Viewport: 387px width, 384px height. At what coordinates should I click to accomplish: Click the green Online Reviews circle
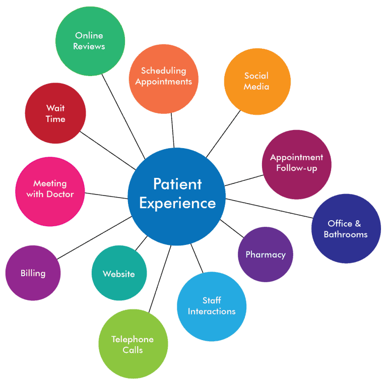[90, 41]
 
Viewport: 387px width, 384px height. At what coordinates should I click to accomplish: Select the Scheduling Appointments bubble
[164, 79]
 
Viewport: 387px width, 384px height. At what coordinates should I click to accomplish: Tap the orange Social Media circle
[257, 82]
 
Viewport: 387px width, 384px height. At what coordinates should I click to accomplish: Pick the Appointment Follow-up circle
[296, 165]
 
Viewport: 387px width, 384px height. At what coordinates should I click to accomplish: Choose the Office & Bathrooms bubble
[346, 228]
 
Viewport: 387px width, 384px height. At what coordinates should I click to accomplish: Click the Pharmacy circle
[266, 254]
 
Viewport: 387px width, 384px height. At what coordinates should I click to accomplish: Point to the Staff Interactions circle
[212, 306]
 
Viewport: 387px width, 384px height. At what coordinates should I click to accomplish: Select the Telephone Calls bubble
[133, 344]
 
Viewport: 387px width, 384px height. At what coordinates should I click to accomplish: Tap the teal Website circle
[119, 273]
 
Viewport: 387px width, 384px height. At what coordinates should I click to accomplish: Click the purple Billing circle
[33, 273]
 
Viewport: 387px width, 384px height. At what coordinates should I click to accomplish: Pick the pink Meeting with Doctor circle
[50, 191]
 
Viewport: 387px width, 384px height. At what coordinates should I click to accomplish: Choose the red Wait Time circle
[55, 113]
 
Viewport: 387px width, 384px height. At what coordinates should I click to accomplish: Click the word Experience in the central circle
[177, 204]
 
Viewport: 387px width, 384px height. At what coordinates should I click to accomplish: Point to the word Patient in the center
[177, 184]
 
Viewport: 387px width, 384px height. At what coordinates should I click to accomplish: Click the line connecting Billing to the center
[94, 238]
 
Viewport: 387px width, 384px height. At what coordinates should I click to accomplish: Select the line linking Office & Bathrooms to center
[269, 208]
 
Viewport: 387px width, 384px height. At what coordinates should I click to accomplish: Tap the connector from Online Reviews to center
[123, 116]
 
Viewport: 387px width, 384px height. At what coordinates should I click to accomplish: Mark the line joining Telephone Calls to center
[160, 279]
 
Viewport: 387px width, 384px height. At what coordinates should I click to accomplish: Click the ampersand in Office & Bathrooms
[358, 224]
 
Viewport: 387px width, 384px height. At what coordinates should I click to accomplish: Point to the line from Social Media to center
[223, 134]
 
